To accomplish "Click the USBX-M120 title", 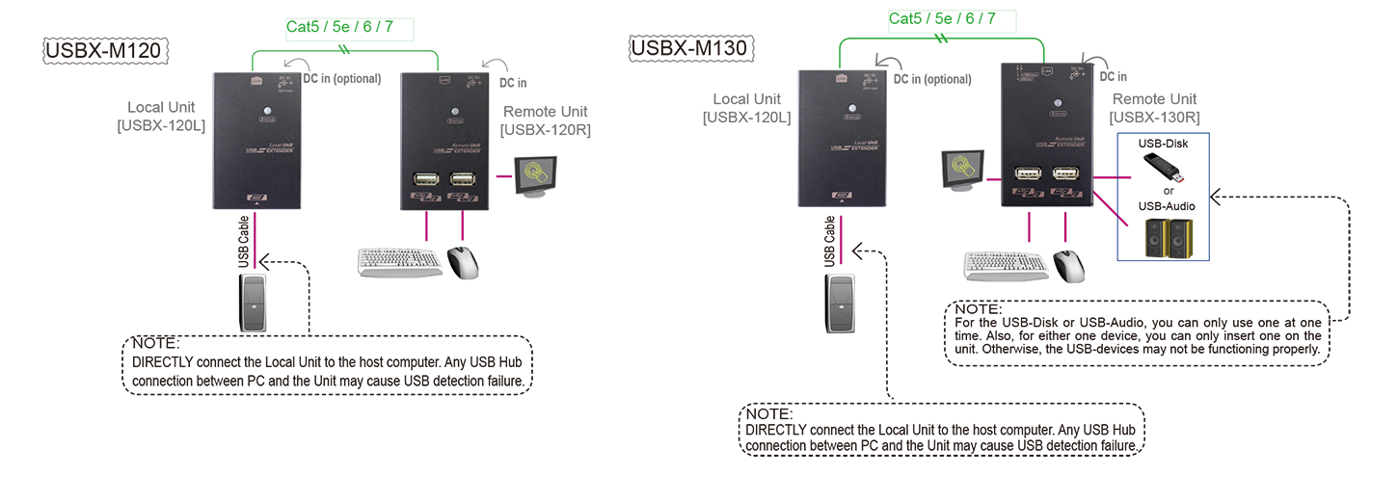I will (x=107, y=50).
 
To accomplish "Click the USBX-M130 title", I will (x=691, y=46).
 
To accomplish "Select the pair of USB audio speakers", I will (x=1165, y=237).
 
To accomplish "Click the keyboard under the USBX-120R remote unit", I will (x=397, y=262).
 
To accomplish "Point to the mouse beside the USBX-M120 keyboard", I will (x=463, y=262).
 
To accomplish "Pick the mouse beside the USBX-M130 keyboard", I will (x=1068, y=265).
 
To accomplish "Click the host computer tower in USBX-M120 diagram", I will (x=253, y=302).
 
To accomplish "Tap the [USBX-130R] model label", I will (x=1154, y=118).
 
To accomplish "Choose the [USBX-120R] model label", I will (x=546, y=130).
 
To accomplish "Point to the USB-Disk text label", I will (x=1163, y=144).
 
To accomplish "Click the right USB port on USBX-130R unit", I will (x=1065, y=175).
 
